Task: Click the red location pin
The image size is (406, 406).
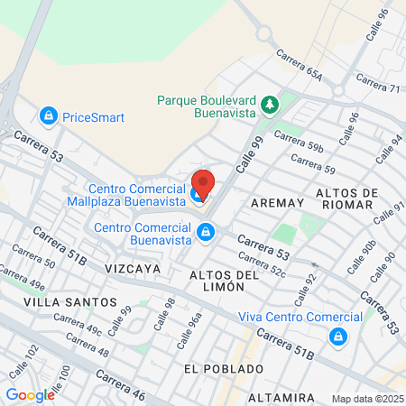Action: point(202,184)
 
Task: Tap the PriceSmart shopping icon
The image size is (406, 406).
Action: point(47,116)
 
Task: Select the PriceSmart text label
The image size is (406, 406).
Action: point(93,117)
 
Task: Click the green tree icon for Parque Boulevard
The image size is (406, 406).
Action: point(269,106)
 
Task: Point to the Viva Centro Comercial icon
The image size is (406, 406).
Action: point(337,337)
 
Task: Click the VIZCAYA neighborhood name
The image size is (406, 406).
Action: point(132,268)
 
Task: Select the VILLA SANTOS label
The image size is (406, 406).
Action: point(70,301)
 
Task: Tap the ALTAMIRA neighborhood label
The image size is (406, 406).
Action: point(281,397)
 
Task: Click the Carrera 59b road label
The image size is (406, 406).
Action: point(298,141)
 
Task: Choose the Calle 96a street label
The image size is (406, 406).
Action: point(195,320)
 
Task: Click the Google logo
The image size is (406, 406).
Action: point(30,394)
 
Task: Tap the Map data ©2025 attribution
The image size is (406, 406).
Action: point(367,399)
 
